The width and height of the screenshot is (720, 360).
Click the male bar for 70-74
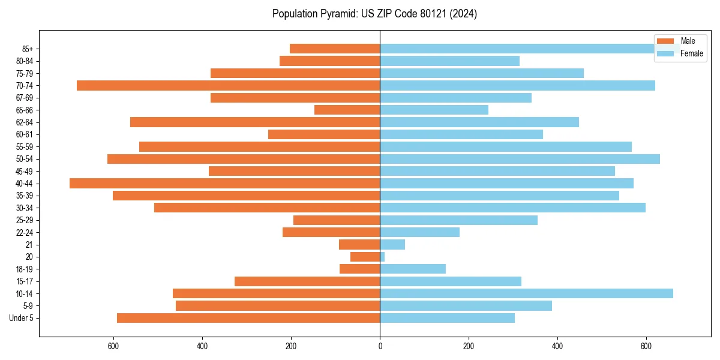(x=228, y=85)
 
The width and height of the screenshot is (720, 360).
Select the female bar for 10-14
(x=526, y=293)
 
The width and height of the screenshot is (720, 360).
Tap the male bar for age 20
(x=365, y=257)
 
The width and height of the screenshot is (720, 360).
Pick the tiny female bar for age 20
(x=382, y=257)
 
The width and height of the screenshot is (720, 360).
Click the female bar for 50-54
(x=520, y=159)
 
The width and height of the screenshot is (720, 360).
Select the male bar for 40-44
(x=224, y=183)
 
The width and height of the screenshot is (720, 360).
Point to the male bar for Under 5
(x=248, y=318)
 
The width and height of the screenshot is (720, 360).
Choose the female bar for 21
(x=392, y=244)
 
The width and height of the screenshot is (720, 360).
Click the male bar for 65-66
(x=347, y=110)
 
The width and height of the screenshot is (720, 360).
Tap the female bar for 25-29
(x=458, y=220)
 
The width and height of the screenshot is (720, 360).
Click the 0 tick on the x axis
(x=380, y=346)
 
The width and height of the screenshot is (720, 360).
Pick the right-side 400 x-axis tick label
(x=557, y=346)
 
